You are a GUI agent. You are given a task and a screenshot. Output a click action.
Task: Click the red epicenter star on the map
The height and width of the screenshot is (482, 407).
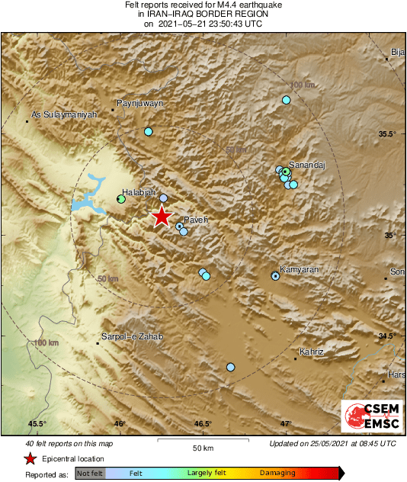point(162,217)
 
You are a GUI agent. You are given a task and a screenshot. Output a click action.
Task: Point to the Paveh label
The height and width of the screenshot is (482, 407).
point(196,220)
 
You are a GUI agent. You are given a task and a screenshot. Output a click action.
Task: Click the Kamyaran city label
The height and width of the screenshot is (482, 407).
point(300,269)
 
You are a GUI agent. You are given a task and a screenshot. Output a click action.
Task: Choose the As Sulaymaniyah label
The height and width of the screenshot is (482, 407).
point(64,115)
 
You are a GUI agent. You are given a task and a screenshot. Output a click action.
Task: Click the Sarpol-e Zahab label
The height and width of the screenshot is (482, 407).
point(132,336)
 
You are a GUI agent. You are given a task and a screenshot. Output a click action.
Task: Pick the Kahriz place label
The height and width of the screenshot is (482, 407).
point(312,352)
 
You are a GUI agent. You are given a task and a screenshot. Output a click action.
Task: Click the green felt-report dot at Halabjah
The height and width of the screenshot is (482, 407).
point(120,200)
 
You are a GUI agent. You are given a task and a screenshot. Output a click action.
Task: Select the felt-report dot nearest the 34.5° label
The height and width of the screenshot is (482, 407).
point(230,368)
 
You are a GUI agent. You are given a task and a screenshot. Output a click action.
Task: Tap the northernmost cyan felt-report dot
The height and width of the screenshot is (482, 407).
point(287,100)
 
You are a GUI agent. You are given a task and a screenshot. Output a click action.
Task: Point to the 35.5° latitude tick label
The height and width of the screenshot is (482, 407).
point(388,134)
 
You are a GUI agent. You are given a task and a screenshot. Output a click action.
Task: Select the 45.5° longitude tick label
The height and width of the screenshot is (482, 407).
point(37,424)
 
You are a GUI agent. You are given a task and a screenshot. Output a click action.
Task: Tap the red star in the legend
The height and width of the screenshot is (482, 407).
point(30,458)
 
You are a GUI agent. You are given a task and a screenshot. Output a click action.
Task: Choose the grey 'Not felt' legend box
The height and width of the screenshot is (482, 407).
point(91,474)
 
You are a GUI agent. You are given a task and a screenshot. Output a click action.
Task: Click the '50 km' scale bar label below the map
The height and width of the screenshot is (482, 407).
point(202,447)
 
